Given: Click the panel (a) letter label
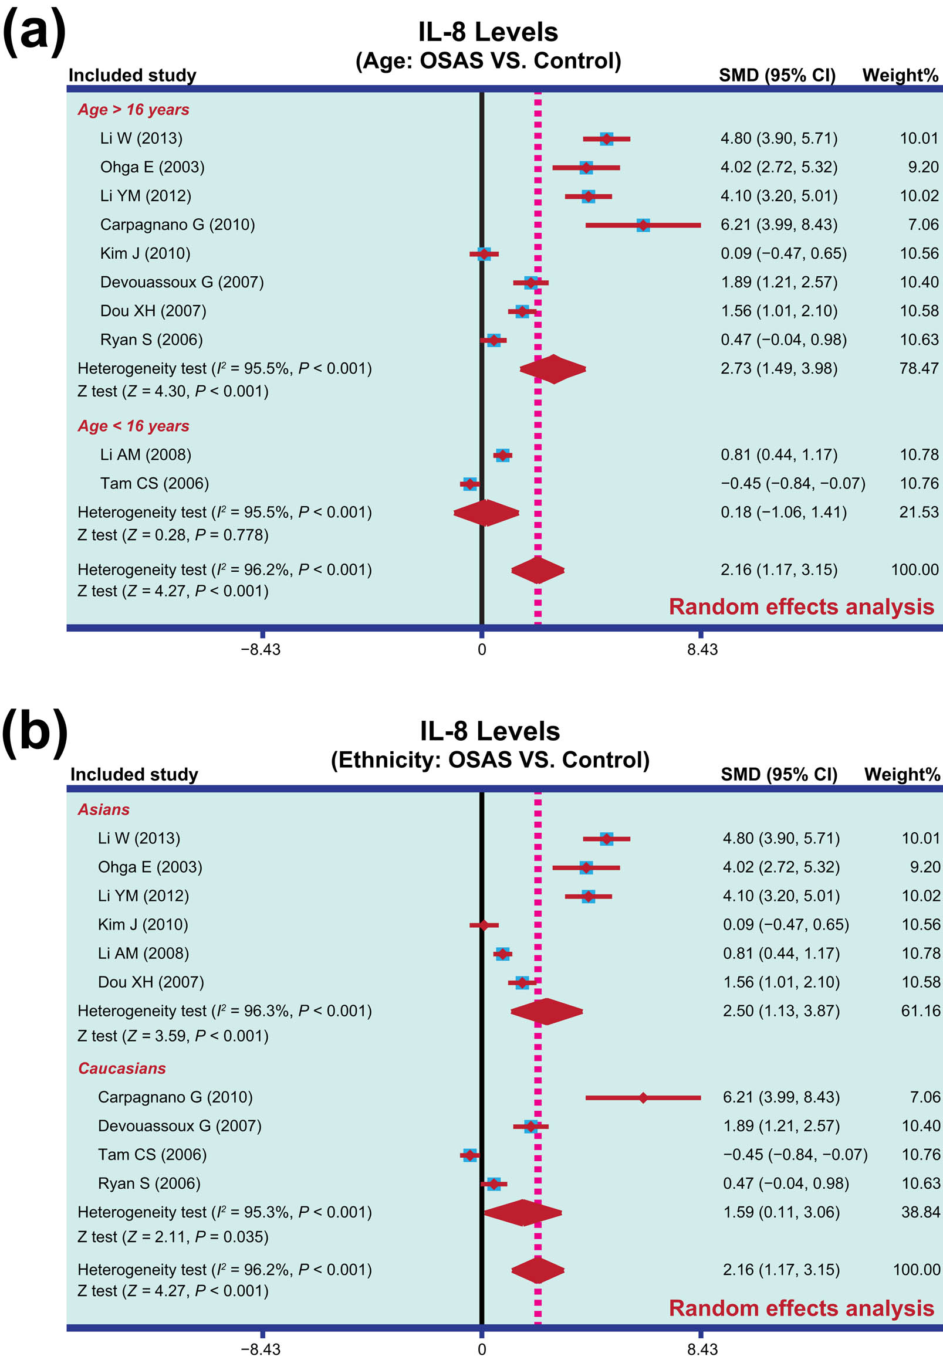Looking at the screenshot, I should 33,32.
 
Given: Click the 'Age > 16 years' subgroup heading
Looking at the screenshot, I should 133,110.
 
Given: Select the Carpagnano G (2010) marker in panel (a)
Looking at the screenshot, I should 643,225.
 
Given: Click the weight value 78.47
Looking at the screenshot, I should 918,368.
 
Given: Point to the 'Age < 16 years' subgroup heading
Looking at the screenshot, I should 133,426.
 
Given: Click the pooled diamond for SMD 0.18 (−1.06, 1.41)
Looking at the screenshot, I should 486,513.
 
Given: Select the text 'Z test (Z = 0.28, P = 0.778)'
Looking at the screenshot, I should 173,535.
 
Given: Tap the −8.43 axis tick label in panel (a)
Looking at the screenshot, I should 261,650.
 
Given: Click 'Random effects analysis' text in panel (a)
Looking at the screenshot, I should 800,607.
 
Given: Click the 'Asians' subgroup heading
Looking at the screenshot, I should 103,810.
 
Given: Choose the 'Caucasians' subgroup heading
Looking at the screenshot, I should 121,1069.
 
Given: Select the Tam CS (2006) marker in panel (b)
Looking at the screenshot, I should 469,1155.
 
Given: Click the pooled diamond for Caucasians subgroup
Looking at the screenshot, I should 522,1213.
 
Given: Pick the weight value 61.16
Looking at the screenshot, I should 920,1011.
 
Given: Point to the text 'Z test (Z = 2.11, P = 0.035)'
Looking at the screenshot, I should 173,1237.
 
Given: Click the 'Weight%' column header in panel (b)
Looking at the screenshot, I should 901,775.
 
